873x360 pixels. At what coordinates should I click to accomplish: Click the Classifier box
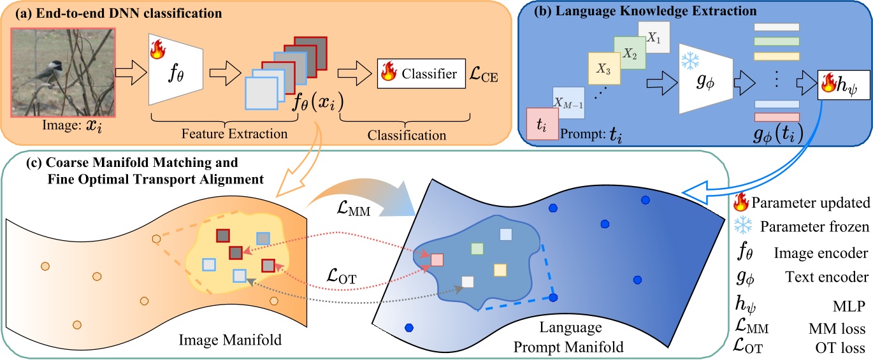tap(419, 74)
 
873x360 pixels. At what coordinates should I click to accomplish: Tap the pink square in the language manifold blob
tap(437, 259)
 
